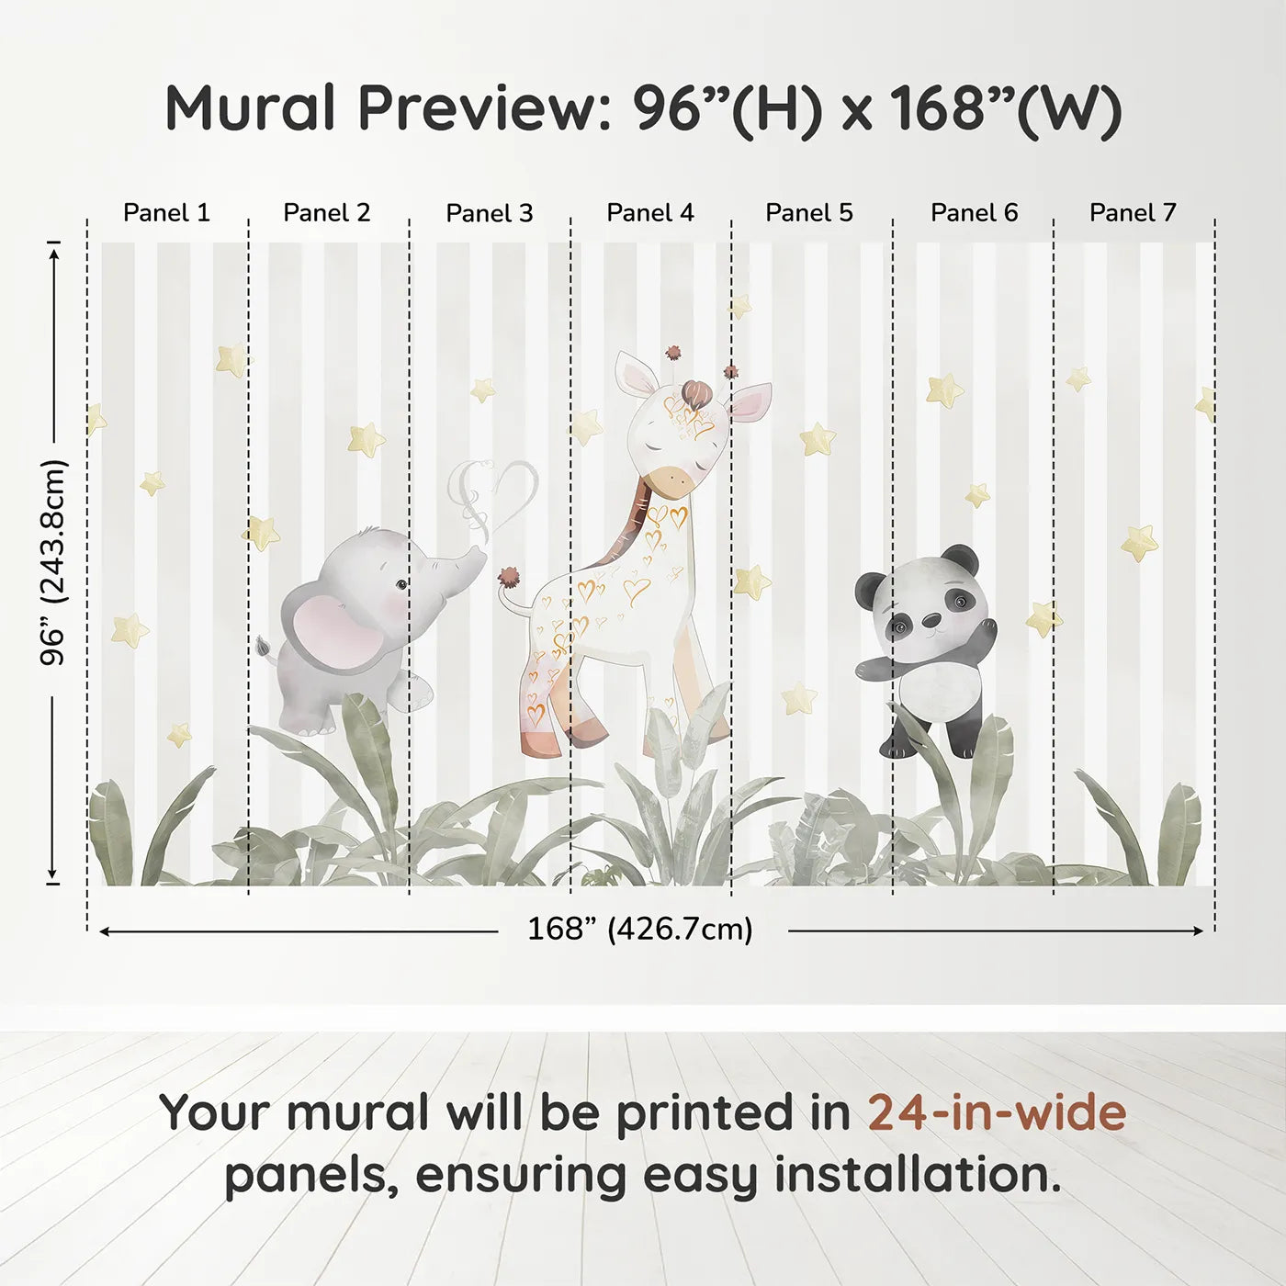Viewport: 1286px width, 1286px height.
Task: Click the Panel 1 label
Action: pos(166,213)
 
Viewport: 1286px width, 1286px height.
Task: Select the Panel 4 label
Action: pos(650,213)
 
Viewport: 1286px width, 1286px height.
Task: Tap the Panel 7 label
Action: pos(1133,213)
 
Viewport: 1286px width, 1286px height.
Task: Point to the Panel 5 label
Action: pos(809,213)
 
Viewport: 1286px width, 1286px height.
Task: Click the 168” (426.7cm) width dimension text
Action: pos(640,929)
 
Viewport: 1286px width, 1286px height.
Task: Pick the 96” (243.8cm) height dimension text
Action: pos(53,562)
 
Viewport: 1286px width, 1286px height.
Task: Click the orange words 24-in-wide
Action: pos(997,1112)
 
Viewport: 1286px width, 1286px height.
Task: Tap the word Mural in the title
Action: pos(250,108)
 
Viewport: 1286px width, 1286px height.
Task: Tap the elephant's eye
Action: pos(401,583)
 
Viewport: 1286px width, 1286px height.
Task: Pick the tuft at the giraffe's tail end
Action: pos(507,578)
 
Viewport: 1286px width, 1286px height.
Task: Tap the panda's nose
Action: pos(930,619)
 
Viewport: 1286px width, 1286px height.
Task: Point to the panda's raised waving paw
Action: pos(987,631)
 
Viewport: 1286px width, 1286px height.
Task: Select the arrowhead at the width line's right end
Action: pos(1198,931)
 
